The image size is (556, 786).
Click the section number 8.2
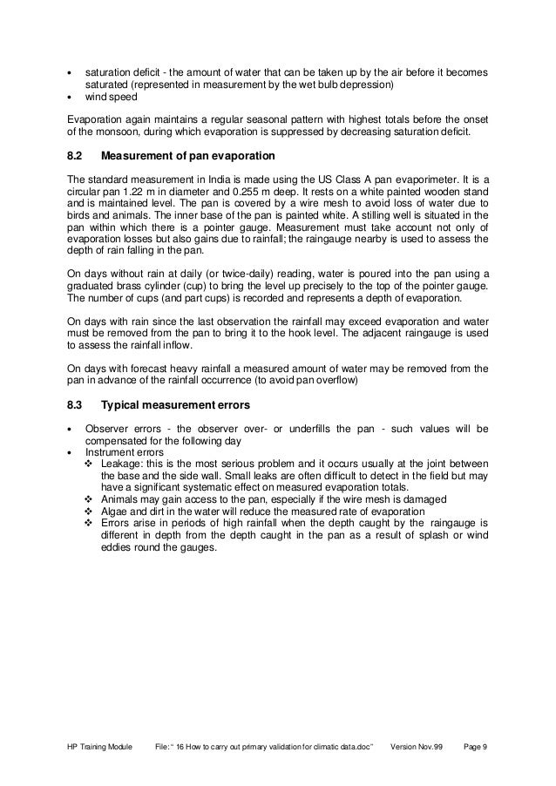click(76, 157)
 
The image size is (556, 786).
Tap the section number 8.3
click(76, 405)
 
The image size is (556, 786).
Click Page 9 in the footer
click(474, 748)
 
